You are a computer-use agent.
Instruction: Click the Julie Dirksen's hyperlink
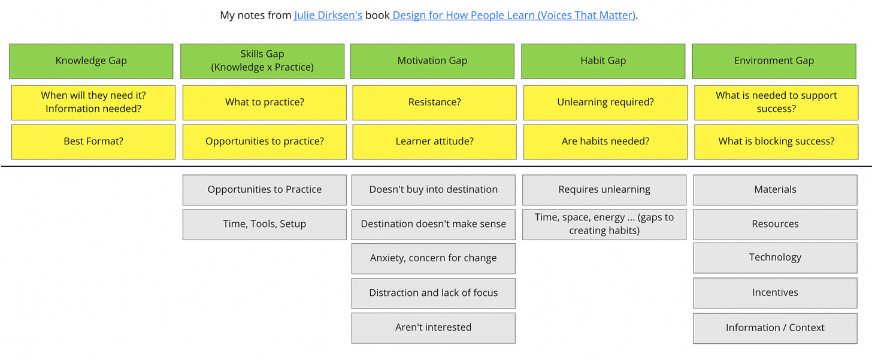point(328,16)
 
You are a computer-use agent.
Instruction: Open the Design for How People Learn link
point(513,16)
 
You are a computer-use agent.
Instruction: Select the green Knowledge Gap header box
point(91,61)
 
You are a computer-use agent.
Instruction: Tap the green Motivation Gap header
point(432,61)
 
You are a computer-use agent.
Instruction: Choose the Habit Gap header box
point(602,61)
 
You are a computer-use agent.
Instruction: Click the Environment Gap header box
point(774,61)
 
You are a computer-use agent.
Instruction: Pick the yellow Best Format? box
point(93,142)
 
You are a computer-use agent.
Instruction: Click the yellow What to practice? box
point(264,102)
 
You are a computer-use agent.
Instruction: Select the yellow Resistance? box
point(434,102)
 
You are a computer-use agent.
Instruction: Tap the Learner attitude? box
point(434,142)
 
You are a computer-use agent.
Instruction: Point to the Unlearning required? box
point(605,102)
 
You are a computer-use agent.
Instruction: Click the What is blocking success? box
point(776,142)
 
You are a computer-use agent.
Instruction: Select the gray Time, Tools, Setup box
point(264,225)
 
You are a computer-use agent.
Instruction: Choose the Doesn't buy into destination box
point(433,190)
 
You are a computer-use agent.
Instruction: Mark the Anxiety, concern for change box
point(433,259)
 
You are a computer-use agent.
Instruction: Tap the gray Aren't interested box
point(433,328)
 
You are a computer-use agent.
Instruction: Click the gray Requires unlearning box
point(604,190)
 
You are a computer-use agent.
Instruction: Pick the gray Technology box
point(775,258)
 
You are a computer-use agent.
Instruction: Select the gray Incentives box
point(775,293)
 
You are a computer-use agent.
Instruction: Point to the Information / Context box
point(775,328)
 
